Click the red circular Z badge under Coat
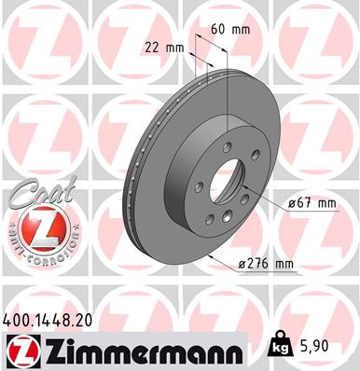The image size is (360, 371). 34,226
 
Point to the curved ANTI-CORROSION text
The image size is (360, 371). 34,244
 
